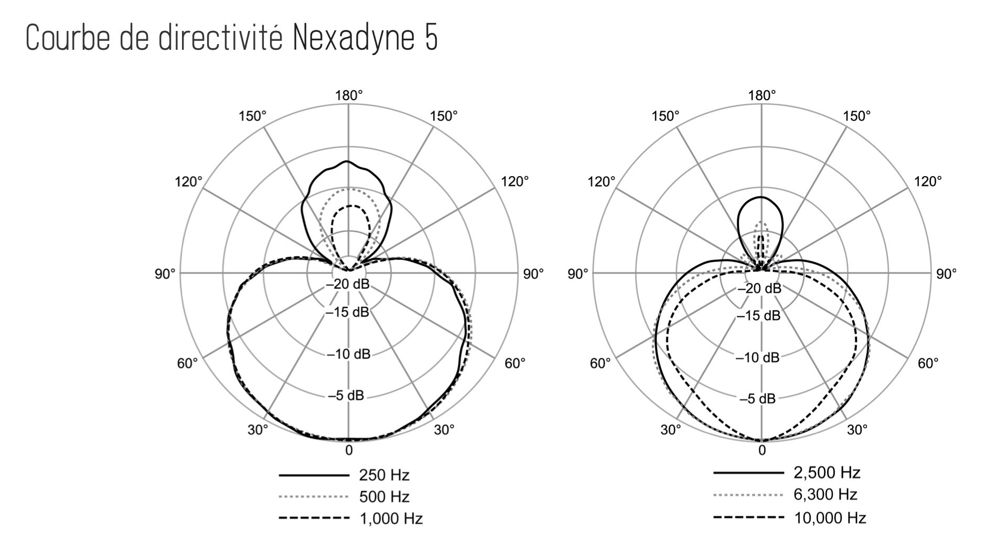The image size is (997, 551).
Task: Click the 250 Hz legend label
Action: [x=384, y=475]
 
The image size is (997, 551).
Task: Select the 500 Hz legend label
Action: [x=384, y=496]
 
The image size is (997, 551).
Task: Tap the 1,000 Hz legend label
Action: [x=391, y=518]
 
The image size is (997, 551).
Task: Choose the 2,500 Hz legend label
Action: [x=827, y=472]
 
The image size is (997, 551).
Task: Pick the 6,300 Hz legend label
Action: [x=826, y=494]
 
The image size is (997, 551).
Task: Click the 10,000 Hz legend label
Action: [x=830, y=518]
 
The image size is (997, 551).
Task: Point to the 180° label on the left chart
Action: [x=349, y=95]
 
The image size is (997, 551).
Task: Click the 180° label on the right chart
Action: [x=762, y=95]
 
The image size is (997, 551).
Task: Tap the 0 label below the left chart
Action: [x=349, y=450]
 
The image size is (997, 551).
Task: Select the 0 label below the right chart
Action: [x=762, y=450]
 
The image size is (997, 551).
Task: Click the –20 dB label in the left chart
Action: [x=348, y=284]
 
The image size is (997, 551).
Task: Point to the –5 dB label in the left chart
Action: [x=346, y=395]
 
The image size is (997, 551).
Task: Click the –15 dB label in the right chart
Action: [x=758, y=316]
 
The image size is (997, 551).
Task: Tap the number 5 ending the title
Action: [x=431, y=38]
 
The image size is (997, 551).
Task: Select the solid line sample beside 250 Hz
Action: [x=314, y=475]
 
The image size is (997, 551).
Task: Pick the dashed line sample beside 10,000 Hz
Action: [x=748, y=518]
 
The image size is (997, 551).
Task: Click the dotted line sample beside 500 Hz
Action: [x=314, y=496]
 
